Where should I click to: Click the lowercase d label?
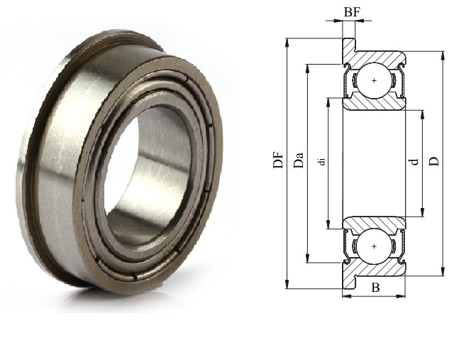[x=414, y=161]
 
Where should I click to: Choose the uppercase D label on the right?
[x=434, y=161]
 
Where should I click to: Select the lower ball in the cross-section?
[x=374, y=246]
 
